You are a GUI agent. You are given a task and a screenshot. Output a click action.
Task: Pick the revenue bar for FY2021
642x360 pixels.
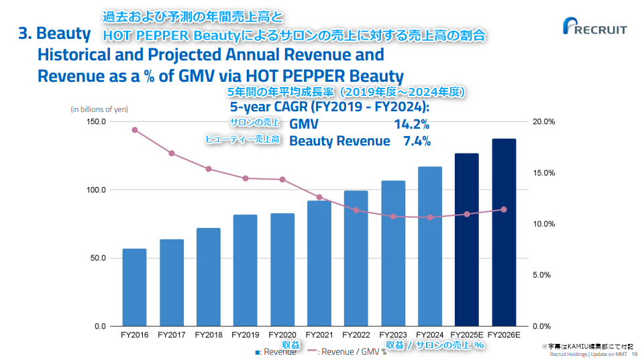pos(319,263)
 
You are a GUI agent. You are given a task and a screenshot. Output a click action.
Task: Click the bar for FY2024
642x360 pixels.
pos(430,246)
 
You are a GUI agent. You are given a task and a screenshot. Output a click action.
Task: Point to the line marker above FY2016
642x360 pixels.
pos(135,130)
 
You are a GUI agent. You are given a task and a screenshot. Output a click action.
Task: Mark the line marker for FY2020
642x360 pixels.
pos(282,180)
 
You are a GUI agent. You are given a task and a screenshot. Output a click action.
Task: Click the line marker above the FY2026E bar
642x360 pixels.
pos(504,209)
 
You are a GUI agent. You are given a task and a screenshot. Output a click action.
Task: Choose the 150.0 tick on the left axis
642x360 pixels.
pos(95,121)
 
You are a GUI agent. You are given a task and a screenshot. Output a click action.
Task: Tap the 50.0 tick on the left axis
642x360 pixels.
pos(97,258)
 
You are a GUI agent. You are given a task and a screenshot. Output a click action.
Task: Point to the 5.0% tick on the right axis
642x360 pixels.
pos(543,275)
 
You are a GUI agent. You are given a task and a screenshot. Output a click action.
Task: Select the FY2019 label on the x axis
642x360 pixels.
pos(245,334)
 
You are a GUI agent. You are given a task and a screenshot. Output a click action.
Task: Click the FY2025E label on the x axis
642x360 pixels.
pos(466,334)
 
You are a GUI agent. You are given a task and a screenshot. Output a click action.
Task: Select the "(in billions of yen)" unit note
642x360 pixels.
pos(99,109)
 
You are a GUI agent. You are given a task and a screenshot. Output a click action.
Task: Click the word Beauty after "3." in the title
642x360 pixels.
pos(64,34)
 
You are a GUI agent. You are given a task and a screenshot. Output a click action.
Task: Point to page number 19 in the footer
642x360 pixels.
pos(634,354)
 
